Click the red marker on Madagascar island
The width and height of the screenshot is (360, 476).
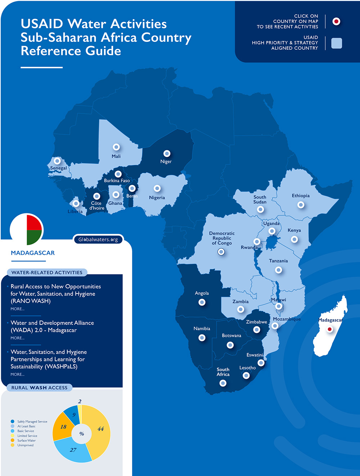click(329, 329)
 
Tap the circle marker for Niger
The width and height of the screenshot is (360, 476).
click(167, 154)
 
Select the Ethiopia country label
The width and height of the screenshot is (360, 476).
click(301, 196)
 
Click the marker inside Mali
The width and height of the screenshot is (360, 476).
click(116, 147)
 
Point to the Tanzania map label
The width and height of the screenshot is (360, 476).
click(278, 261)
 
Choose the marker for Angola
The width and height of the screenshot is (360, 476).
click(202, 302)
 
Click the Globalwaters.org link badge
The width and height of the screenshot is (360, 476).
click(98, 240)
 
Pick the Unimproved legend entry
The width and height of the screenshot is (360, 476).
click(25, 445)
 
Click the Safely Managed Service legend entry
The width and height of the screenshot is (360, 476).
click(32, 422)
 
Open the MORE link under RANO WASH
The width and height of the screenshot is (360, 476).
click(17, 309)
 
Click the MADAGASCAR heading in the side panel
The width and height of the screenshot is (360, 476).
click(33, 253)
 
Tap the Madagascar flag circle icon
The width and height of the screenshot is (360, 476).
click(27, 230)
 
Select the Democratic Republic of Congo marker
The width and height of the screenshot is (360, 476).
click(221, 251)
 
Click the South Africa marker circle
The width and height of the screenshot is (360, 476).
click(223, 383)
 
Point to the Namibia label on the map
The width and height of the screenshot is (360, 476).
click(202, 328)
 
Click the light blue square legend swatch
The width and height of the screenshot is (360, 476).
click(337, 43)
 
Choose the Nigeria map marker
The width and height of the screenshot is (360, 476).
click(157, 188)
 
